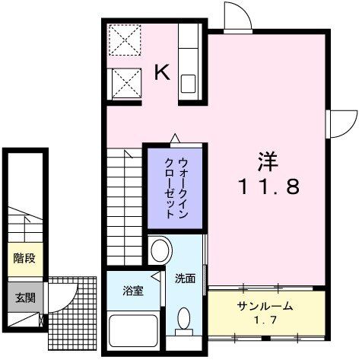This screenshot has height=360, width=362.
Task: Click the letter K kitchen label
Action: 163,72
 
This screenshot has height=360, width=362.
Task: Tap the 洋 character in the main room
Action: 266,161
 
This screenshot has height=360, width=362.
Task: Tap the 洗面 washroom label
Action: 185,279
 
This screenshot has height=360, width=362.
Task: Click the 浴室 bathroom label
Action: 134,290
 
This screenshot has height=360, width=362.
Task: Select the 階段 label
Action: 24,258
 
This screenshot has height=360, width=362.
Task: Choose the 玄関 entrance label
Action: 24,298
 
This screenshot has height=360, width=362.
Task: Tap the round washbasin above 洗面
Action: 159,250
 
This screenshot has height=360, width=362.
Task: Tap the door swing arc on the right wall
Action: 344,121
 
